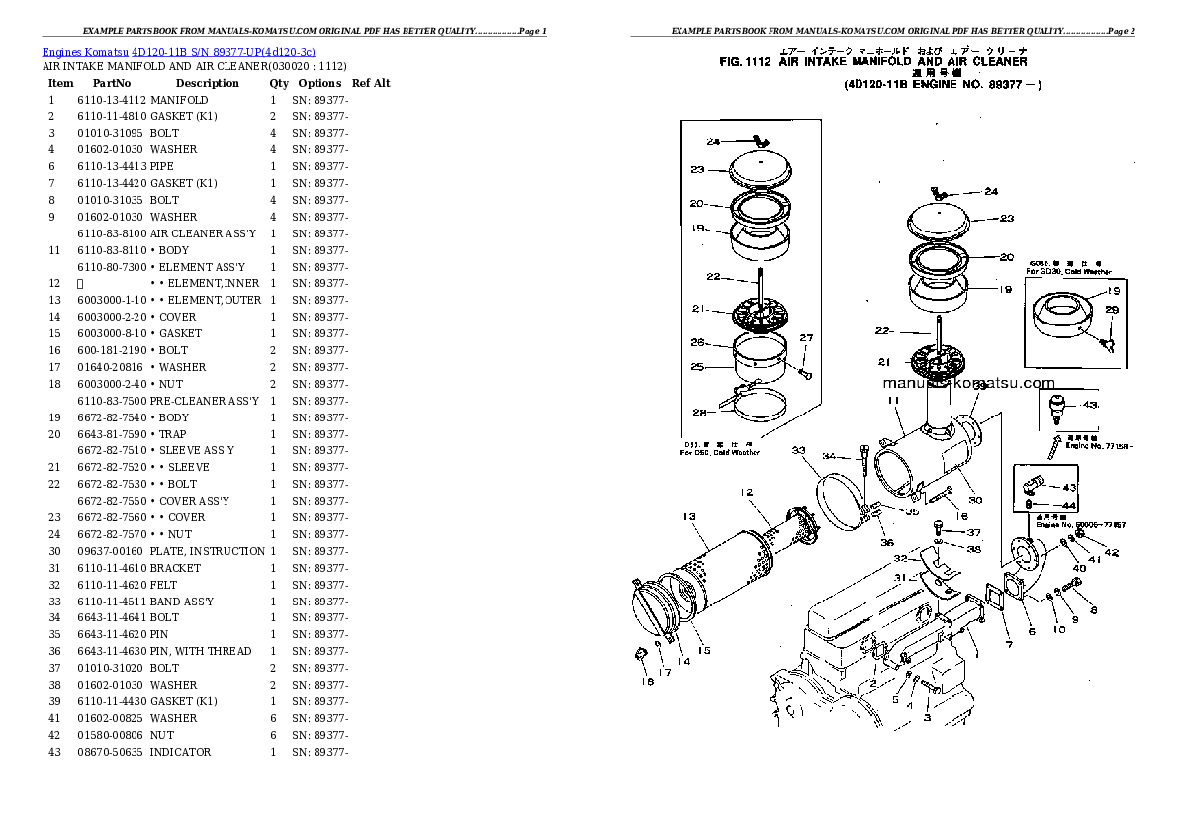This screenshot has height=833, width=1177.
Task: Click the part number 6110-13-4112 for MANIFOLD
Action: pos(111,100)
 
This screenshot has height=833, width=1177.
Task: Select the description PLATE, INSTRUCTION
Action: pos(207,551)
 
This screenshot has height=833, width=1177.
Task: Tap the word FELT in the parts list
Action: pos(163,585)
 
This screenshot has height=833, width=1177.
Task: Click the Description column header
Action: pos(207,83)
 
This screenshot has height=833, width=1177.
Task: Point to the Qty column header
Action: pos(279,83)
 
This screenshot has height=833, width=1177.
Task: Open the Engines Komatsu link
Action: pos(85,51)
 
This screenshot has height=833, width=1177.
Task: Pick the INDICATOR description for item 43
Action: pos(180,752)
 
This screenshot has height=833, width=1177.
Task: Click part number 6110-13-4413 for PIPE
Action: pos(111,166)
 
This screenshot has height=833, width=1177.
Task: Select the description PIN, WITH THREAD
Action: pos(201,651)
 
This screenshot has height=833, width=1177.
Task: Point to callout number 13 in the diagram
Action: pos(689,516)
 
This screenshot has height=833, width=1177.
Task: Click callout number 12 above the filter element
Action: pos(746,492)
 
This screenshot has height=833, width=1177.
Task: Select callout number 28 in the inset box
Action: pos(699,412)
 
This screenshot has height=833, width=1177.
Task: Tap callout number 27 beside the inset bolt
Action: pos(806,338)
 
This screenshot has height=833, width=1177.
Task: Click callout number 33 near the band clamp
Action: pos(798,450)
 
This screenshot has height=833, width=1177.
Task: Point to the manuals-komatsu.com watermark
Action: pos(968,383)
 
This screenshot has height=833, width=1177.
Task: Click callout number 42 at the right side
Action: pos(1111,552)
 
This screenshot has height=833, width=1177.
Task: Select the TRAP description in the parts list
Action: pos(173,434)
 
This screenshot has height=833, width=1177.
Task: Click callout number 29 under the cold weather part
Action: pos(1111,311)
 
